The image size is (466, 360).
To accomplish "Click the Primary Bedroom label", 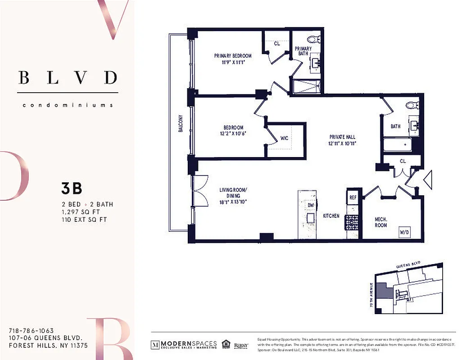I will pyautogui.click(x=232, y=56).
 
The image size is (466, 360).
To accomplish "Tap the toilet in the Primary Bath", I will pyautogui.click(x=315, y=39).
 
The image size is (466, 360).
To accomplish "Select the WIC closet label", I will pyautogui.click(x=284, y=138).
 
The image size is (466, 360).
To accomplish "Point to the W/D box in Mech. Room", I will pyautogui.click(x=403, y=233).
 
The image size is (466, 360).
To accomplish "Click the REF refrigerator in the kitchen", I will pyautogui.click(x=353, y=197).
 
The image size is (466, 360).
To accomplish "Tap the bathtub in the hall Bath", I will pyautogui.click(x=398, y=144).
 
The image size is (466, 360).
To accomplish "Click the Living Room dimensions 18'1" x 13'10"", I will pyautogui.click(x=233, y=202).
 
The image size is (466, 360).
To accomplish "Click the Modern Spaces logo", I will pyautogui.click(x=184, y=345).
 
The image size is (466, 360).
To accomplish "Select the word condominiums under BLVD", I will pyautogui.click(x=68, y=105).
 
